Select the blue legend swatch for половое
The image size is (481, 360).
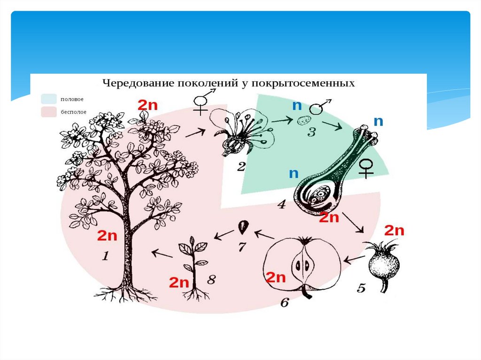point(49,99)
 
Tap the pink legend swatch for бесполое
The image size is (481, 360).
point(49,112)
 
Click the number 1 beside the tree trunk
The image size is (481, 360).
point(106,257)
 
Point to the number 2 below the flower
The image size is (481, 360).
point(241,166)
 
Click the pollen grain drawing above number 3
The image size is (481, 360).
point(301,121)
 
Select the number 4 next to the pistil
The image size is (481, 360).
point(281,205)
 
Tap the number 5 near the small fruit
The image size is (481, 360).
point(361,288)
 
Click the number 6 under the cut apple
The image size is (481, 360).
point(285,303)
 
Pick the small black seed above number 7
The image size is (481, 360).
point(242,227)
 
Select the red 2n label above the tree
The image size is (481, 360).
point(148,105)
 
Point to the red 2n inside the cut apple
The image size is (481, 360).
point(276,277)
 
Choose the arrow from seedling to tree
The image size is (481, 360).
point(161,254)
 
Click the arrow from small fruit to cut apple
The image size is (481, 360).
point(355,259)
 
